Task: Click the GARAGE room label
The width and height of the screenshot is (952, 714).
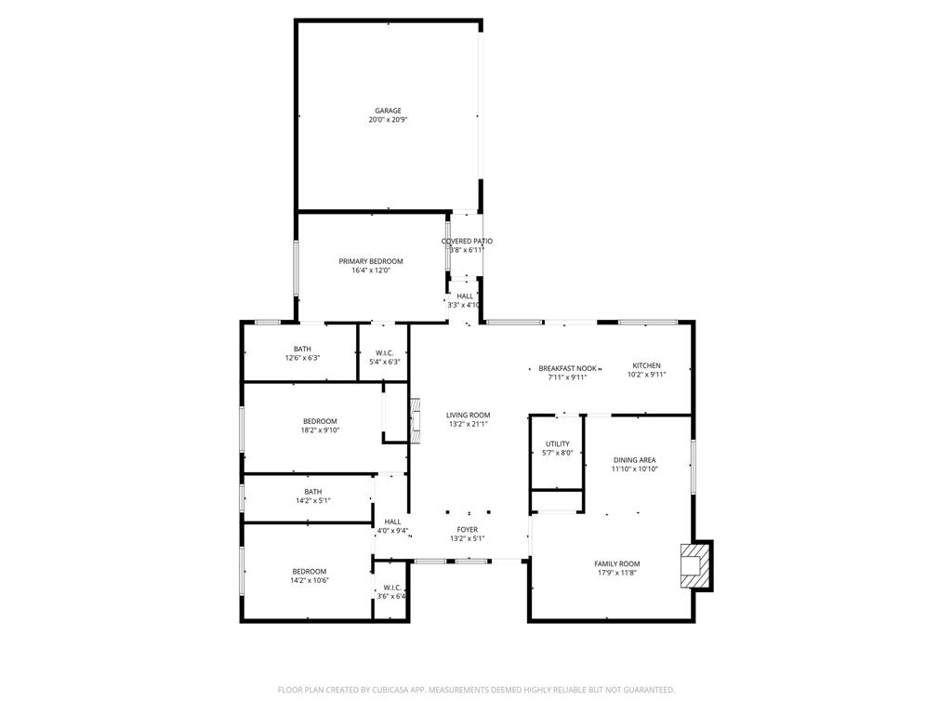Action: tap(388, 111)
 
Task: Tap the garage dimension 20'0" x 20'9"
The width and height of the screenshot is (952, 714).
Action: tap(388, 120)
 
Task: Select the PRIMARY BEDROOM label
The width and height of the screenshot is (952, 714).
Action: tap(370, 261)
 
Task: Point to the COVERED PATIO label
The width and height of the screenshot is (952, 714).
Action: tap(467, 241)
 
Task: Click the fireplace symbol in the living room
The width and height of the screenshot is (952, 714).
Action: tap(416, 421)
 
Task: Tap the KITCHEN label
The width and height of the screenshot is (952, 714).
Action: tap(646, 365)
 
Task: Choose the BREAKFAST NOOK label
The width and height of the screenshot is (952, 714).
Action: tap(567, 368)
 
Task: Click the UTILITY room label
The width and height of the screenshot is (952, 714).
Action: tap(557, 443)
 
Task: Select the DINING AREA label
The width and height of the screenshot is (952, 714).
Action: tap(634, 459)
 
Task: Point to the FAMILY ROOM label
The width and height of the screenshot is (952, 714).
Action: tap(617, 563)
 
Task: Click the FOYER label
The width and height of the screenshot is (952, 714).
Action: tap(467, 529)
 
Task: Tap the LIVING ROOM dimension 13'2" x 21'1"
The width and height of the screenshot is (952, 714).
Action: tap(467, 424)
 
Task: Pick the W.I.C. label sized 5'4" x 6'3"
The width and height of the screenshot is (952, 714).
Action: tap(384, 352)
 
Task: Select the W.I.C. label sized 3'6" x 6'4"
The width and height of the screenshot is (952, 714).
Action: tap(390, 588)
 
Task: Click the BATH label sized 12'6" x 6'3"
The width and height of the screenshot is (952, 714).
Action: tap(302, 349)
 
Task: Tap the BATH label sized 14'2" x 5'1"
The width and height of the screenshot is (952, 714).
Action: tap(312, 492)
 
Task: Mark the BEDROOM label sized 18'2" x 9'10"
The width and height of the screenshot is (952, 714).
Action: tap(319, 421)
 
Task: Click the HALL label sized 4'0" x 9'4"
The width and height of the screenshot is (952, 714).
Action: tap(391, 522)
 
